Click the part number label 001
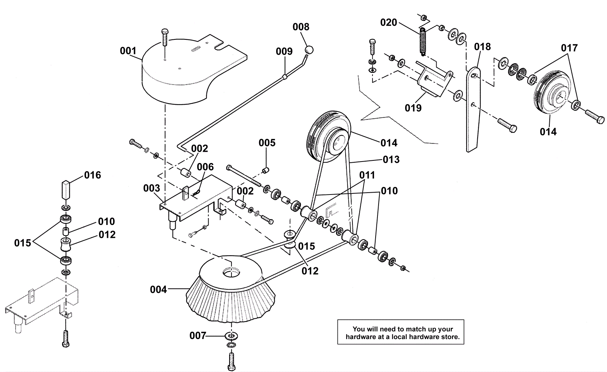pyautogui.click(x=128, y=51)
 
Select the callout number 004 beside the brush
pyautogui.click(x=158, y=290)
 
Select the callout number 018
pyautogui.click(x=482, y=47)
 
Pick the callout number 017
pyautogui.click(x=569, y=48)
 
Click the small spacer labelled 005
pyautogui.click(x=267, y=169)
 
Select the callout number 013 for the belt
pyautogui.click(x=391, y=159)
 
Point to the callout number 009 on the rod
pyautogui.click(x=284, y=51)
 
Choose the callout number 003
pyautogui.click(x=151, y=188)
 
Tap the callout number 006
pyautogui.click(x=205, y=167)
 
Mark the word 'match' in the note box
pyautogui.click(x=404, y=329)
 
